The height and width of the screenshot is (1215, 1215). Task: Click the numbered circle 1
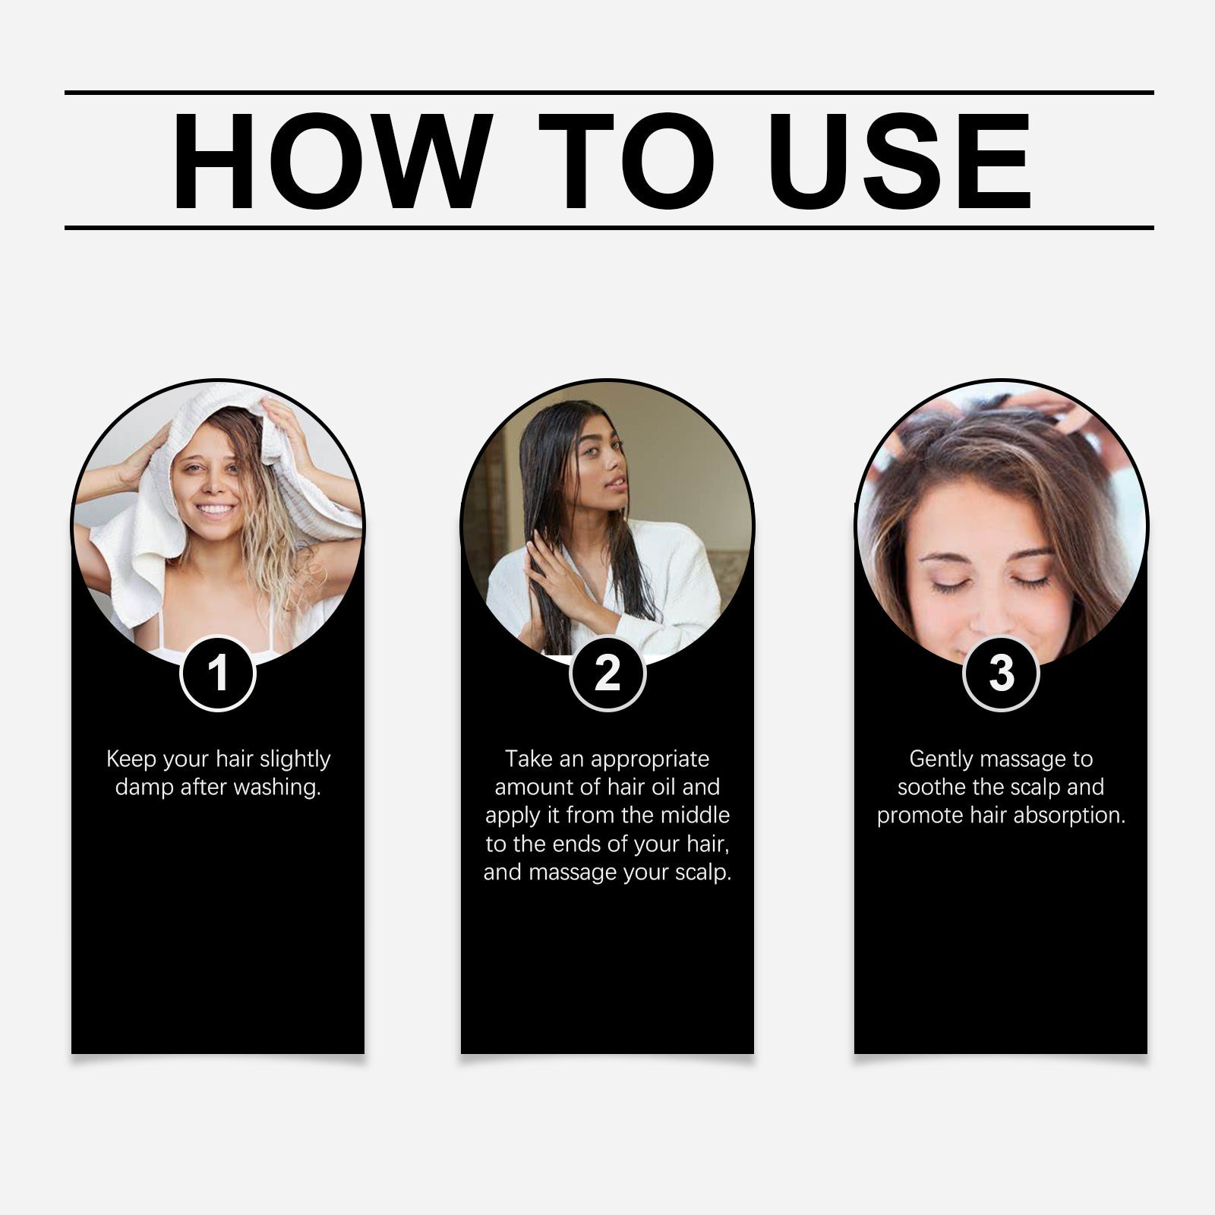[218, 673]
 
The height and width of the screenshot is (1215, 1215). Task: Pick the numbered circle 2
[607, 673]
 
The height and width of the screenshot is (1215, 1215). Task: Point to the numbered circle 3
[1001, 673]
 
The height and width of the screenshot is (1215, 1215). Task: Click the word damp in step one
[144, 787]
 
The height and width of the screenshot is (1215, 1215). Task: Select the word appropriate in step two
[649, 759]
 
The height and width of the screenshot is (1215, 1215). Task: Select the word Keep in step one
[131, 759]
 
